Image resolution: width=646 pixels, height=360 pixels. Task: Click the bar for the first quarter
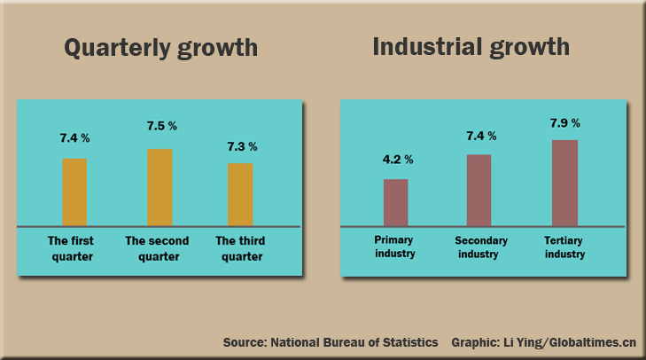click(74, 192)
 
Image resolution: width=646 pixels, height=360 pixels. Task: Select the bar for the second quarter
click(160, 187)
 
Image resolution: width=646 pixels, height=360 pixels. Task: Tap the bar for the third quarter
click(240, 194)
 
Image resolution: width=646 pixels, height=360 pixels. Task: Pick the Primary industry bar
click(395, 202)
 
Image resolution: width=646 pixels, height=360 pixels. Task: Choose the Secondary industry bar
click(479, 190)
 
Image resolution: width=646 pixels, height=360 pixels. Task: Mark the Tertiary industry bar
click(564, 183)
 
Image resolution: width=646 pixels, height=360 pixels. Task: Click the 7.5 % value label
click(161, 126)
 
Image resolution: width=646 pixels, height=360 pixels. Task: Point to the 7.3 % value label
click(241, 146)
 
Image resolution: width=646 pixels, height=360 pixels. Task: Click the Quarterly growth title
click(161, 47)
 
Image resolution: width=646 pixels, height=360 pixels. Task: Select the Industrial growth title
click(471, 46)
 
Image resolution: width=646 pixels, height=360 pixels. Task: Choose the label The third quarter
click(240, 248)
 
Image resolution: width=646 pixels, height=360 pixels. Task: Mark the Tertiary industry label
click(564, 247)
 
